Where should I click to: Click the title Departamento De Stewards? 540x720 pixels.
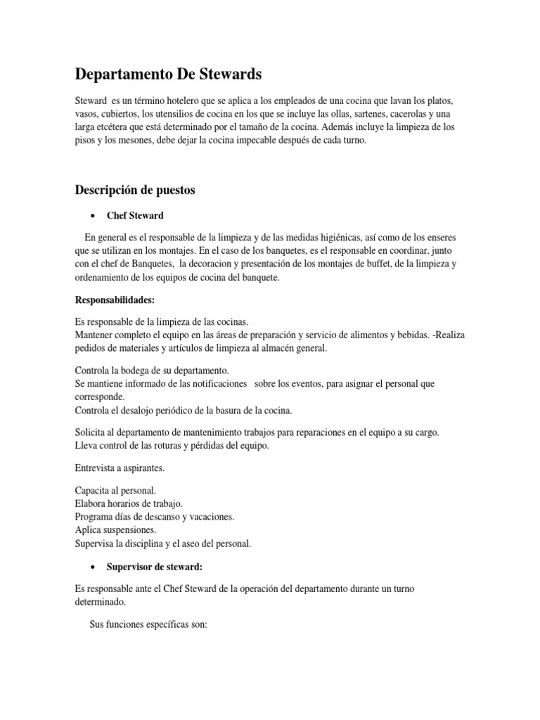pyautogui.click(x=169, y=75)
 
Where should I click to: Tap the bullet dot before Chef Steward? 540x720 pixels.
pyautogui.click(x=93, y=215)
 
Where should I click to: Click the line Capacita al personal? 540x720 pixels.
pyautogui.click(x=115, y=490)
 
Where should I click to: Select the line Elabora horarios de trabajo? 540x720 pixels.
pyautogui.click(x=129, y=503)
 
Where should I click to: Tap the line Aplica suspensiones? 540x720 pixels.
pyautogui.click(x=116, y=529)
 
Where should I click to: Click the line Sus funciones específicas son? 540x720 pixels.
pyautogui.click(x=148, y=624)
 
